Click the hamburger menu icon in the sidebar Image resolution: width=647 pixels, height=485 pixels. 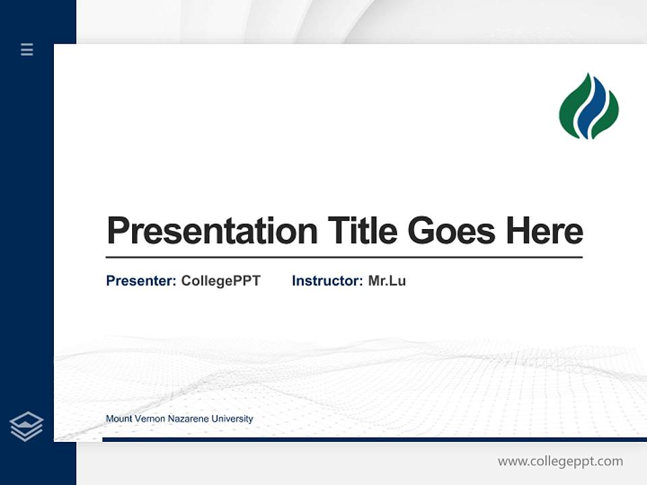coord(27,49)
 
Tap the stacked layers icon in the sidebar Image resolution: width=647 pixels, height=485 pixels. coord(26,426)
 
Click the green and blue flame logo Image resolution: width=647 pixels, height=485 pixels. coord(588,106)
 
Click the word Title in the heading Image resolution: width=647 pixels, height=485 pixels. coord(363,230)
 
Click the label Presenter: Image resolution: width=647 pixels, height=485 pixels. coord(141,281)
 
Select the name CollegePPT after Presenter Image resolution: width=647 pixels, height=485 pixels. coord(220,281)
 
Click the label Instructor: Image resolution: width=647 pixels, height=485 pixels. coord(327,281)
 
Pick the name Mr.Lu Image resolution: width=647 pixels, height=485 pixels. coord(387,281)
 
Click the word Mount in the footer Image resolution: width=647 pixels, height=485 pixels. coord(117,419)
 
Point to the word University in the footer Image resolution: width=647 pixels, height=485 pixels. coord(232,419)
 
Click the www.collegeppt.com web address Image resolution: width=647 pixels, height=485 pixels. coord(560,461)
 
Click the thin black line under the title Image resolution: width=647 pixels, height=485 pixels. coord(344,257)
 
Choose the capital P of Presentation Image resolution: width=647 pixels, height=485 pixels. coord(117,230)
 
